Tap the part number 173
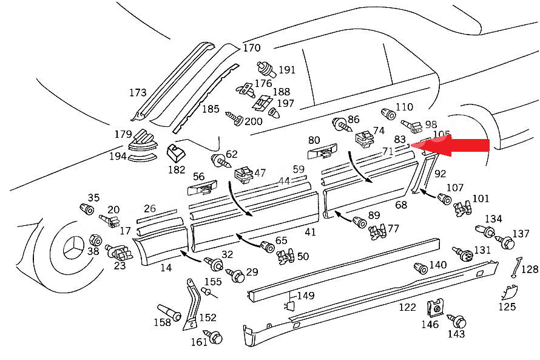pyautogui.click(x=138, y=93)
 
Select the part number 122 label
pyautogui.click(x=407, y=307)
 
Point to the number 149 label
pyautogui.click(x=305, y=296)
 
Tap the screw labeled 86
pyautogui.click(x=340, y=125)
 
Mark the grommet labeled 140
pyautogui.click(x=420, y=268)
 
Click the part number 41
pyautogui.click(x=310, y=233)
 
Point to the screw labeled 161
pyautogui.click(x=215, y=336)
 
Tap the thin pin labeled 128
pyautogui.click(x=515, y=268)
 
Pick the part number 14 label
pyautogui.click(x=166, y=267)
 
